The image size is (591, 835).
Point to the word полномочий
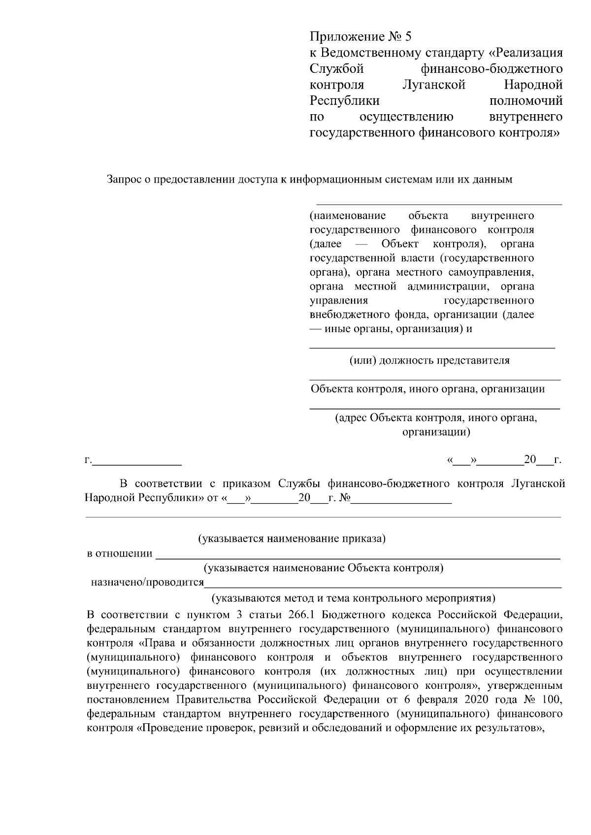click(526, 101)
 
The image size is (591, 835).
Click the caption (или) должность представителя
click(429, 360)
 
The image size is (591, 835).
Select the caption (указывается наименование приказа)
click(292, 539)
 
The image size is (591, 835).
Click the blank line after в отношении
click(358, 555)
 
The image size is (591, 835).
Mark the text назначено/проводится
click(147, 583)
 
